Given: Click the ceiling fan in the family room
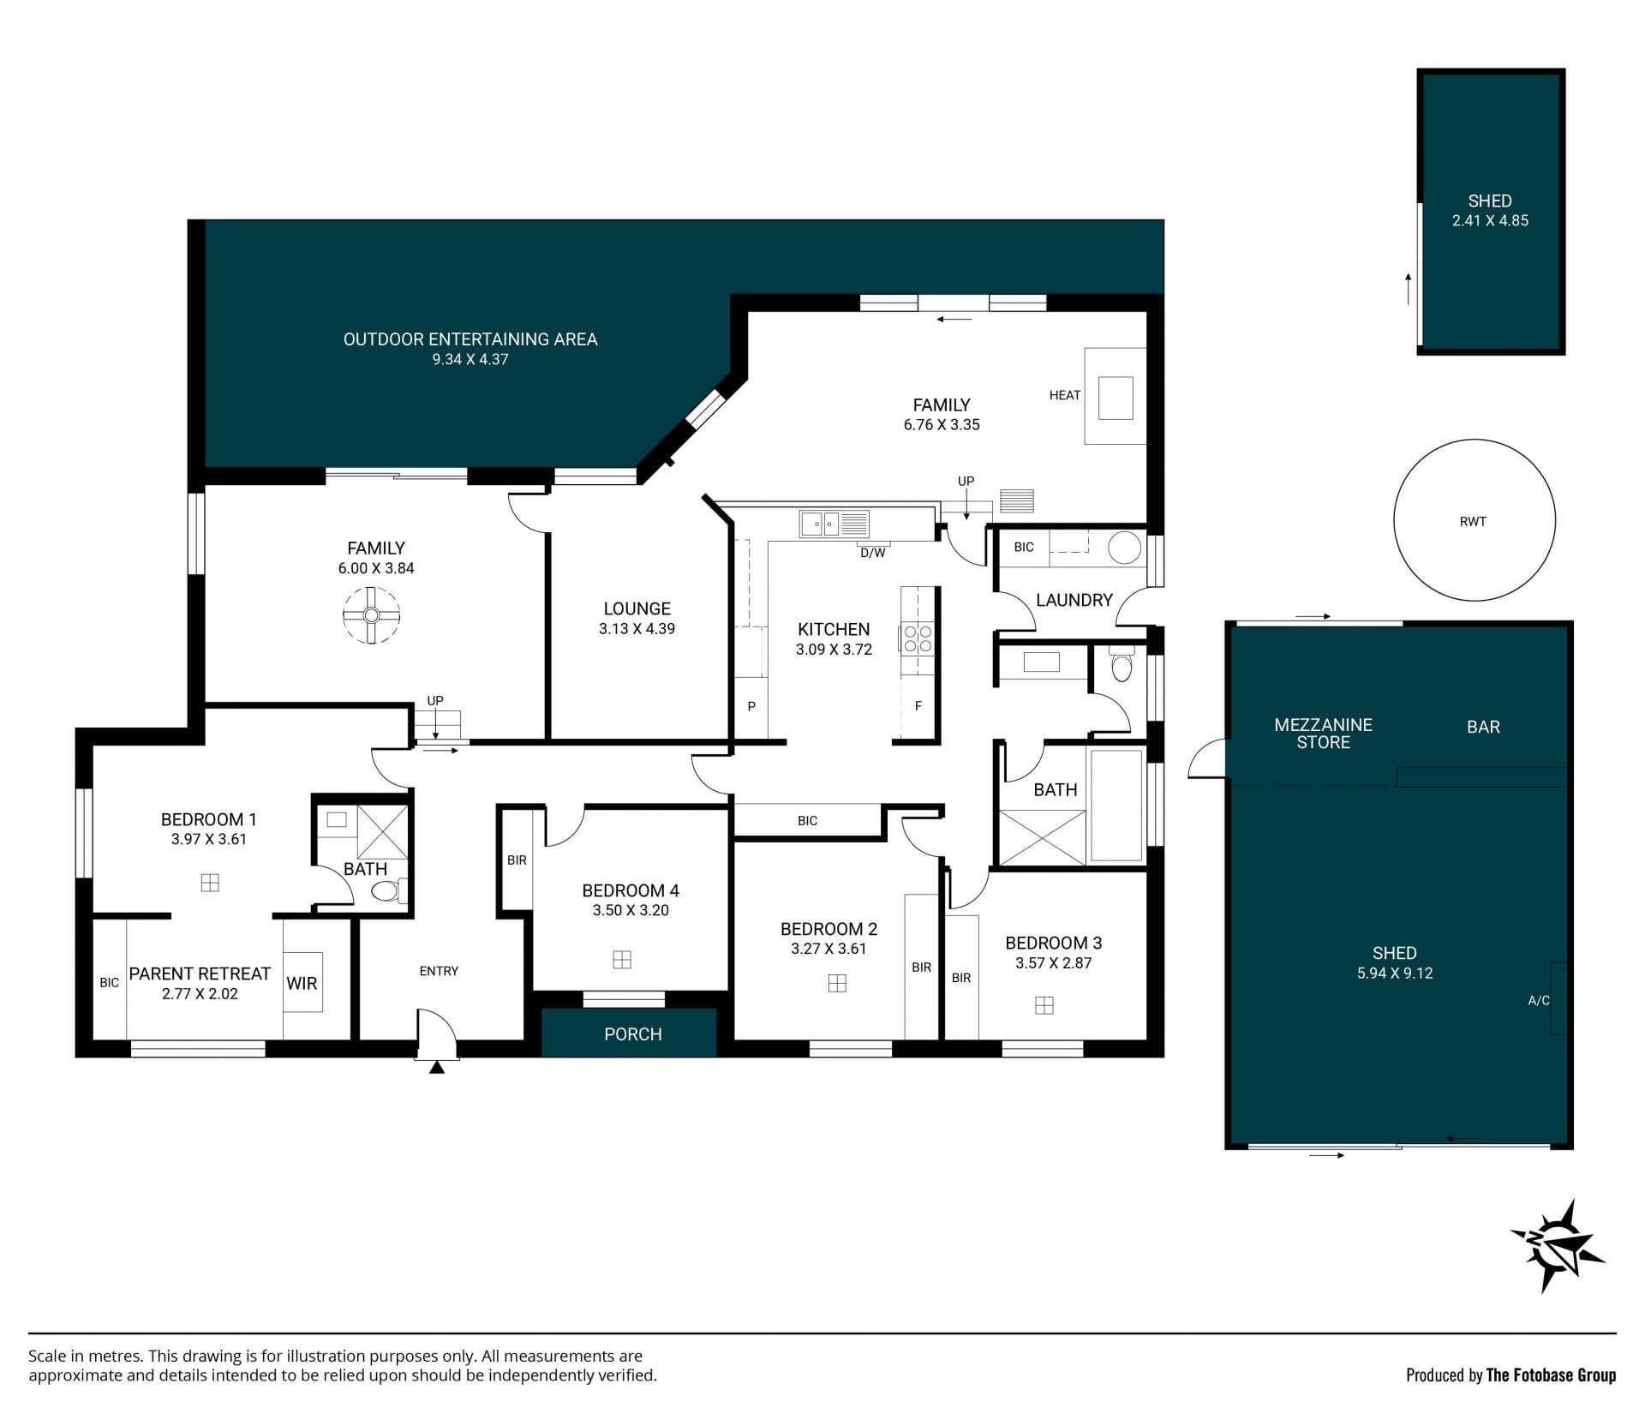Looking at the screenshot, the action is tap(371, 614).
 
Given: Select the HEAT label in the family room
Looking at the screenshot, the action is tap(1065, 395).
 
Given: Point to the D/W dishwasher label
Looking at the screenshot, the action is tap(873, 553).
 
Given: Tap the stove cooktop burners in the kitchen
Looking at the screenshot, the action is tap(918, 638).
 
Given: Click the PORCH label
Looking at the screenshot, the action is tap(633, 1034).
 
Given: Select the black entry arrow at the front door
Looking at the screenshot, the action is tap(437, 1067).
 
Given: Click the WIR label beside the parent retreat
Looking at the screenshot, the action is tap(302, 983).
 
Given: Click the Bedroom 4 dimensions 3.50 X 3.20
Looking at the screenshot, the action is tap(631, 910).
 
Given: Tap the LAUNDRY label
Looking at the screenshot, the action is tap(1074, 600).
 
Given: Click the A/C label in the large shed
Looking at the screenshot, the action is tap(1539, 1000).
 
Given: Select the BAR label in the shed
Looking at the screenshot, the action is tap(1483, 727).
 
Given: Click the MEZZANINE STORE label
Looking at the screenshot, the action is tap(1323, 734).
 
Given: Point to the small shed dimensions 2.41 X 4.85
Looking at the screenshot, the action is tap(1490, 220).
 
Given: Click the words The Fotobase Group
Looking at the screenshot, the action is tap(1551, 1375).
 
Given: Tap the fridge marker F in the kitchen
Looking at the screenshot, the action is tap(918, 706).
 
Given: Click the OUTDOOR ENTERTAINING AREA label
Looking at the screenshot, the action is tap(470, 339).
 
